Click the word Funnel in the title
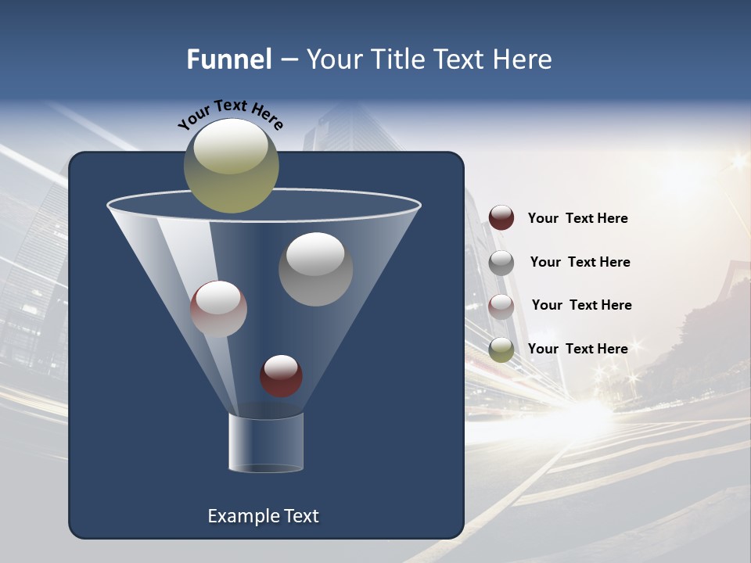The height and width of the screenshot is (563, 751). pos(229,59)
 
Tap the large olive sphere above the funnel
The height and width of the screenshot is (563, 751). pos(232,165)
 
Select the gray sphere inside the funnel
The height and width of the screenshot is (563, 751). pos(315,269)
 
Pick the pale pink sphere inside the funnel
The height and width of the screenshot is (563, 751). pos(218,309)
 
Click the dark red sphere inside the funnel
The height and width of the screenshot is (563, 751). pos(281,375)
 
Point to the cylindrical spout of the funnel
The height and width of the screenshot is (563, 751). pos(266,443)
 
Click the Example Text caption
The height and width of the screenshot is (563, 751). pos(263,516)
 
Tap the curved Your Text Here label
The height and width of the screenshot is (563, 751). pos(231,114)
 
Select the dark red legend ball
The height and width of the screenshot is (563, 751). pos(501,217)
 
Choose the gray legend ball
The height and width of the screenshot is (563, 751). pos(501,262)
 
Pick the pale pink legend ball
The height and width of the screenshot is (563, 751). pos(501,306)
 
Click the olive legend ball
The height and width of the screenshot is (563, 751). pos(501,350)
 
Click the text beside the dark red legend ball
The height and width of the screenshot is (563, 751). pos(577,218)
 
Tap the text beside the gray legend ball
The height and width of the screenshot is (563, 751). pos(580,262)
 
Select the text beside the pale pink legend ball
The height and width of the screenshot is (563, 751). pos(581,305)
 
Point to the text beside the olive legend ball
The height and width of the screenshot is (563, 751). pos(577,349)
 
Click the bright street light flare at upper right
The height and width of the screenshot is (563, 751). pos(738,162)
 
